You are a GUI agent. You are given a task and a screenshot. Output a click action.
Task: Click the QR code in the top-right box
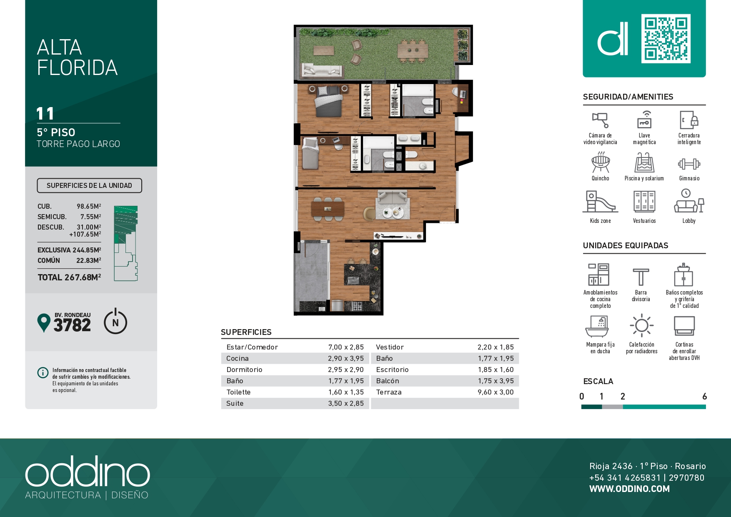(666, 39)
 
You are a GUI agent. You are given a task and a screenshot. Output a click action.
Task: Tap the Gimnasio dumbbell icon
(689, 164)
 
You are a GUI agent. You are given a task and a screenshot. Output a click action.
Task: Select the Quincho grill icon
(601, 162)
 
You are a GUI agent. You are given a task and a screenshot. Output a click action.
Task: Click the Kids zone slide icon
(600, 202)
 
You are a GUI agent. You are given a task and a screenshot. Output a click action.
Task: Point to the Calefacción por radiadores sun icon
(642, 325)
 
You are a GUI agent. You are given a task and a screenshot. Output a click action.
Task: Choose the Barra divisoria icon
(641, 277)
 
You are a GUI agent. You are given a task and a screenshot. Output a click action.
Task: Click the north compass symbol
(115, 321)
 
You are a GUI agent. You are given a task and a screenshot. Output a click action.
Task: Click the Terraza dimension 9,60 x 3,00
(496, 392)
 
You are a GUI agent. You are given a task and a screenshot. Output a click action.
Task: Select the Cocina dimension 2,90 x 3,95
(346, 358)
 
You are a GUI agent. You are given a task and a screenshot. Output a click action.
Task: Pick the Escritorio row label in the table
(392, 370)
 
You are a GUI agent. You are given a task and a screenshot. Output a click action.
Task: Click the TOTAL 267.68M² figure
(69, 277)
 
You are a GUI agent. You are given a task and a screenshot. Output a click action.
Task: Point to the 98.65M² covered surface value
(89, 206)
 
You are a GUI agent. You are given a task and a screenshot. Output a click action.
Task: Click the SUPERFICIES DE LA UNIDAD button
(89, 185)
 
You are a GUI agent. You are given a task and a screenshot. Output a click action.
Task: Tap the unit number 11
(45, 114)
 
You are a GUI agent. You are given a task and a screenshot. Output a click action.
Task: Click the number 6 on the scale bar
(704, 396)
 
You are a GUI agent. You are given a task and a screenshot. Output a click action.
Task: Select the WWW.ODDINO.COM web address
(629, 489)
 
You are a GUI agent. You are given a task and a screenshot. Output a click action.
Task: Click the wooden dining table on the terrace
(413, 51)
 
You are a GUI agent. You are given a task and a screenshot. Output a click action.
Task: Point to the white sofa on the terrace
(321, 70)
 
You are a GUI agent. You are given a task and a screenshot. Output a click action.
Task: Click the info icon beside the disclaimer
(43, 372)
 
